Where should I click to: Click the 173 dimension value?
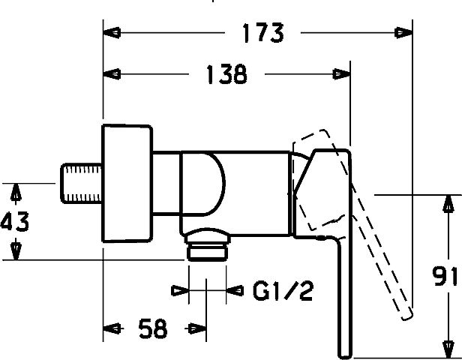(x=263, y=33)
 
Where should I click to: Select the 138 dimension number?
(x=226, y=74)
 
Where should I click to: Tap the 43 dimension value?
(x=15, y=221)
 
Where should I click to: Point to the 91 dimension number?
(x=445, y=276)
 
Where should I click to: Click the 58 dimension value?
(x=153, y=328)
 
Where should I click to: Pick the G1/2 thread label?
(x=283, y=290)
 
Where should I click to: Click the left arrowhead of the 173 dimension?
(x=112, y=32)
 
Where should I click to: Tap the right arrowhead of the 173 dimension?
(x=403, y=32)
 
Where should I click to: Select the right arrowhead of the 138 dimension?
(x=341, y=74)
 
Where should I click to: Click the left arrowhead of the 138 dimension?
(x=112, y=74)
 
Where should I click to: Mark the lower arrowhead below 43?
(x=16, y=251)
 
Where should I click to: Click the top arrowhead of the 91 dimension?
(x=448, y=203)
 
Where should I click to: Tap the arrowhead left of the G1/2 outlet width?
(x=180, y=291)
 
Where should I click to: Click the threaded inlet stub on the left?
(x=81, y=183)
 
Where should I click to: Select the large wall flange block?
(x=127, y=184)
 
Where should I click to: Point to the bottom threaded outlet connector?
(x=207, y=244)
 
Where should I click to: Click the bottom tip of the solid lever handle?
(x=345, y=358)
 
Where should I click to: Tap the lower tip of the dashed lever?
(x=407, y=317)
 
